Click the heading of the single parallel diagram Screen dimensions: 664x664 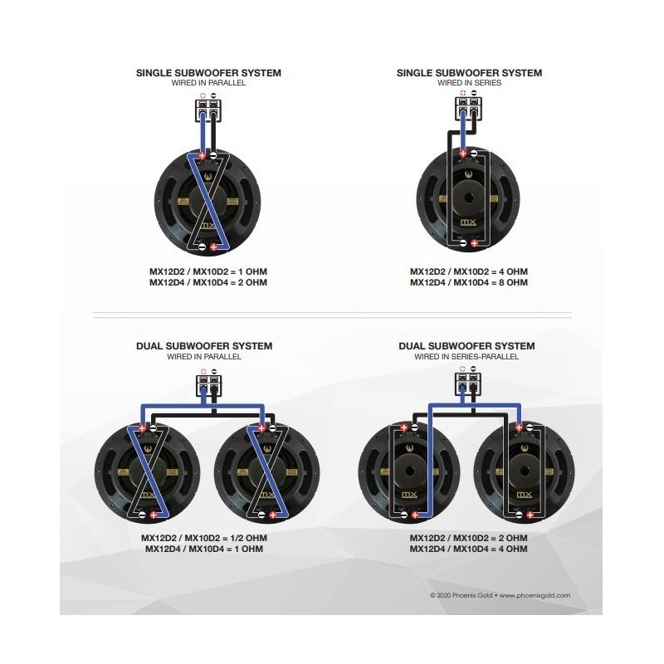pos(208,73)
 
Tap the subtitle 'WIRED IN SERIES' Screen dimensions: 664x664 pos(469,83)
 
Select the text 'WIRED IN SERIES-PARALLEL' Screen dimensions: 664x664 pos(466,357)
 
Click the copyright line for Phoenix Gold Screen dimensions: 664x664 pos(500,595)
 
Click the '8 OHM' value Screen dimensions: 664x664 pos(513,282)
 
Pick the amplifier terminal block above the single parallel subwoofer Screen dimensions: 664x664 pos(208,111)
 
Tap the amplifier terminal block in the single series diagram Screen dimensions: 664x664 pos(469,109)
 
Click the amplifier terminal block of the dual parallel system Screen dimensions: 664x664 pos(209,385)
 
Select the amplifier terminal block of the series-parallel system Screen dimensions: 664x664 pos(468,384)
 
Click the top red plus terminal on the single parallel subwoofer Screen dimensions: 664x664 pos(202,155)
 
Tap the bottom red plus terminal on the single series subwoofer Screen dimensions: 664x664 pos(474,243)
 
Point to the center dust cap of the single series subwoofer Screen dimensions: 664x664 pos(468,198)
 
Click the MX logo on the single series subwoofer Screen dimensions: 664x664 pos(468,222)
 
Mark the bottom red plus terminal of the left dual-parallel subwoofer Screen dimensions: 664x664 pos(154,515)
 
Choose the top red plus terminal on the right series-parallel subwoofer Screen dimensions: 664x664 pos(518,427)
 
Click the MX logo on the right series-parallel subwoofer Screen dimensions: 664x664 pos(524,495)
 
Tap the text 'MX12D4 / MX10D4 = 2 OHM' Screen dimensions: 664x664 pos(208,282)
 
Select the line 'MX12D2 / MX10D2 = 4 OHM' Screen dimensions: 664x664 pos(469,271)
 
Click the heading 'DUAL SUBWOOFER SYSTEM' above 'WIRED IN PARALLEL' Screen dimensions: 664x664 pos(204,346)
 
